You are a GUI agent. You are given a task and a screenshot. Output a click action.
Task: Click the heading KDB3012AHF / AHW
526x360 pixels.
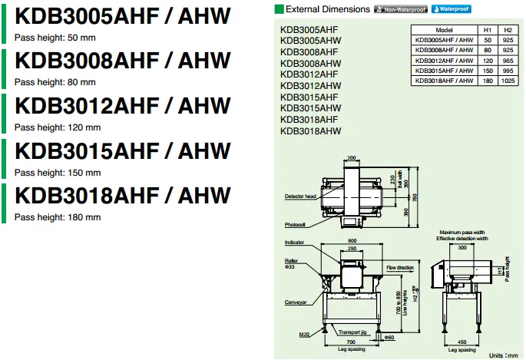coord(122,105)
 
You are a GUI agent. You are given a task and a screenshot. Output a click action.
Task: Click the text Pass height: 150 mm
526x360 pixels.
coord(58,173)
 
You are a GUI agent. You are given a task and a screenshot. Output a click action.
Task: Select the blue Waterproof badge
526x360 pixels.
coord(450,10)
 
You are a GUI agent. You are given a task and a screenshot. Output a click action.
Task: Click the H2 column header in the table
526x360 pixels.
coord(507,28)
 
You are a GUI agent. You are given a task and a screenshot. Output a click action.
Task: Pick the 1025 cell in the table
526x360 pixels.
coord(507,80)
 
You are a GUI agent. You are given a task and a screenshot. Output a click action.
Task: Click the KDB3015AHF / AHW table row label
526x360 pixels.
coord(443,70)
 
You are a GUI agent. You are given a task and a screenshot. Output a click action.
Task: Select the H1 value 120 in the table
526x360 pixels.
coord(487,60)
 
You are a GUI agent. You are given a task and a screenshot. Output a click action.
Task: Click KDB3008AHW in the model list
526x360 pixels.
coord(311,63)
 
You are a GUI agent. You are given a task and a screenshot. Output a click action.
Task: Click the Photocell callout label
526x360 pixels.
coord(295,225)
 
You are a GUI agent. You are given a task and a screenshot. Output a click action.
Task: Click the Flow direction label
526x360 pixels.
coord(400,268)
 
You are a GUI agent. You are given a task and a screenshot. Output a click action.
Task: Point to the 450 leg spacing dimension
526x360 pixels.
coord(461,342)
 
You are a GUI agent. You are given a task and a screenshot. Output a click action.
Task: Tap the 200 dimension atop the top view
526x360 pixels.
coord(352,157)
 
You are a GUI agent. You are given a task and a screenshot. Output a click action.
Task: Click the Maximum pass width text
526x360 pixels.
coord(461,232)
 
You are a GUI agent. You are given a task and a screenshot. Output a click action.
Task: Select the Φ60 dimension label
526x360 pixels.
coord(389,337)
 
